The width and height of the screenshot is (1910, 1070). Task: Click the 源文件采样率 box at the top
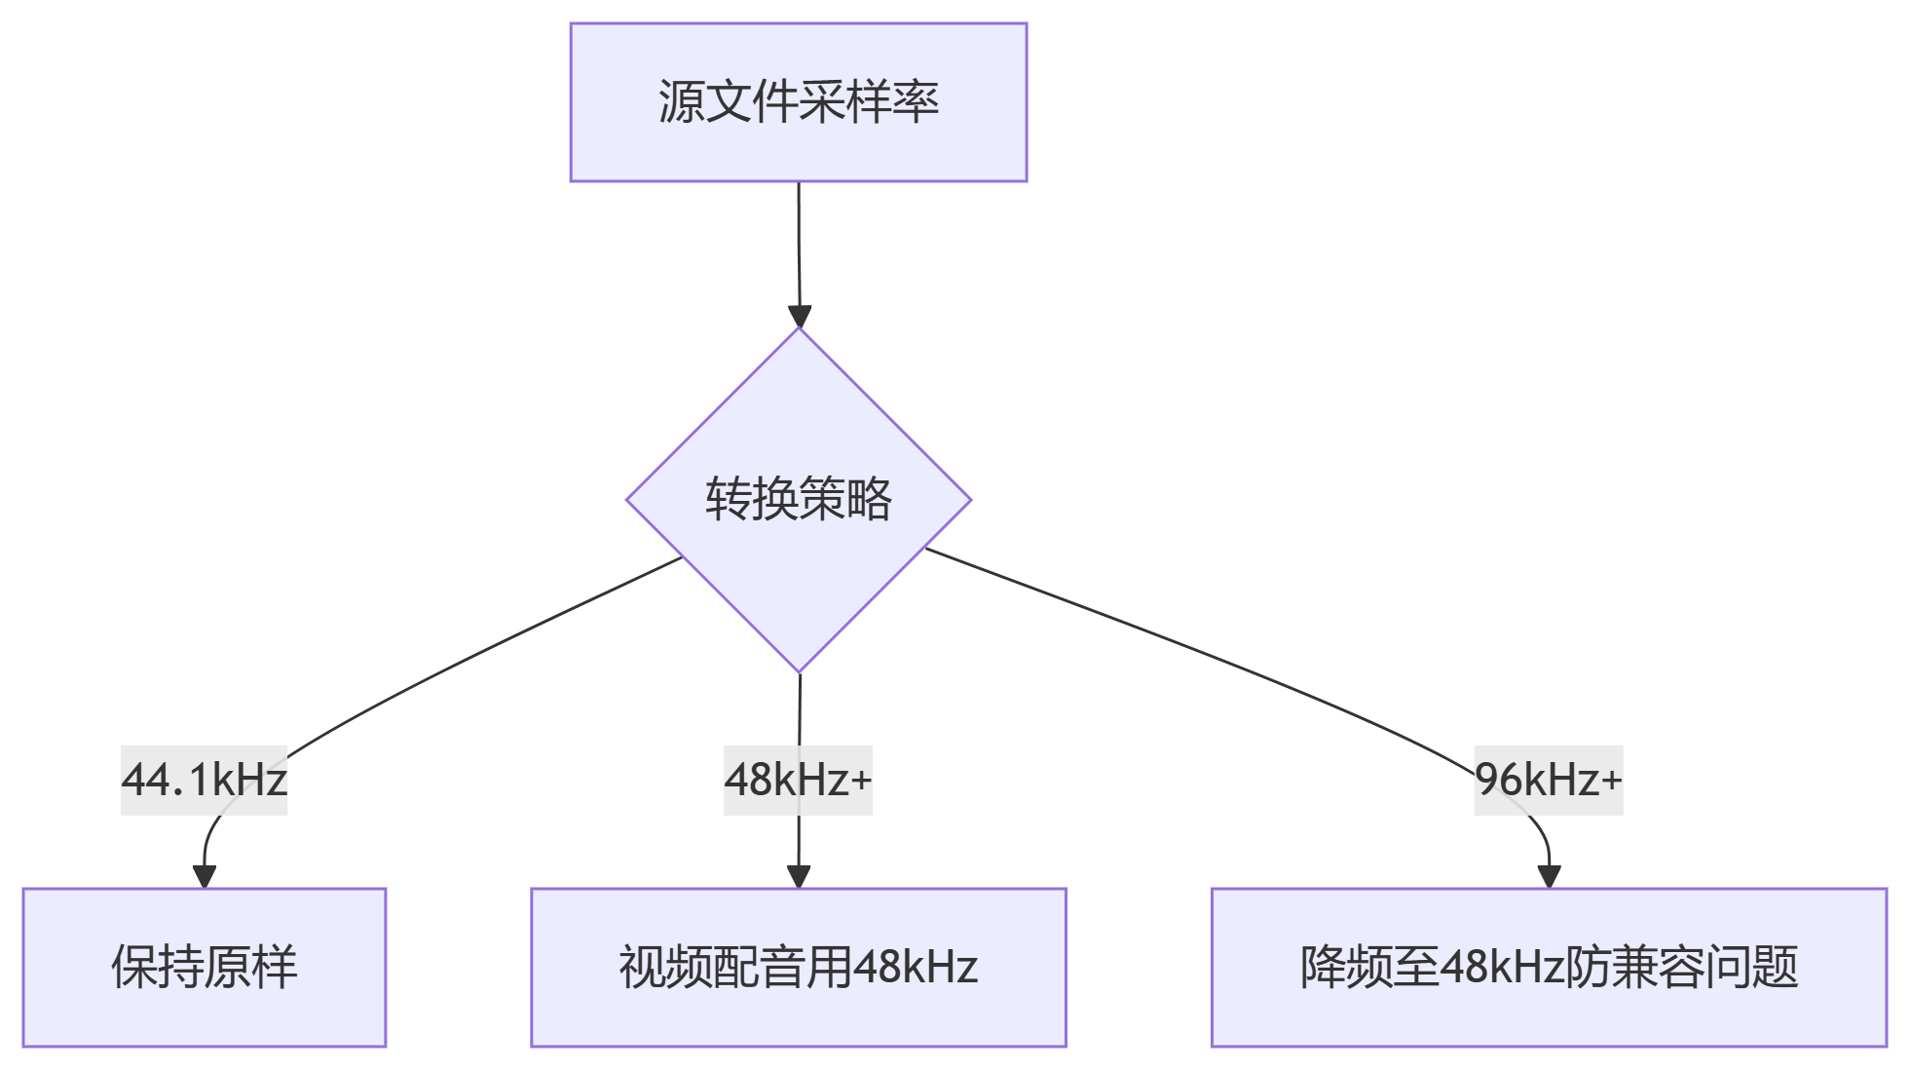[799, 102]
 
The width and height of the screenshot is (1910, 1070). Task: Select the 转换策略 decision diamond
[799, 500]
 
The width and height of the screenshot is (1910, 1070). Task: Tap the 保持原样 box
[205, 968]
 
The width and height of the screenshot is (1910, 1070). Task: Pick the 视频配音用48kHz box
[799, 968]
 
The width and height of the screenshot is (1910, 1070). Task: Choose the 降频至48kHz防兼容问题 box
[1549, 968]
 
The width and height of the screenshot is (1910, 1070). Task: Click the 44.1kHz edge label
[205, 781]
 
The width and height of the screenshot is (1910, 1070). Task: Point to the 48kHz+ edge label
[799, 781]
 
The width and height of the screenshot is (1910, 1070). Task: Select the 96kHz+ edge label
[1549, 781]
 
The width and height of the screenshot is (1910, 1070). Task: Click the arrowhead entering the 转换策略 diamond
[800, 318]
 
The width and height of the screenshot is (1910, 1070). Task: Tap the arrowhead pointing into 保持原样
[205, 877]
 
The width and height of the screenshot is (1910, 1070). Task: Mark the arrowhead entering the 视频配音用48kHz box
[799, 877]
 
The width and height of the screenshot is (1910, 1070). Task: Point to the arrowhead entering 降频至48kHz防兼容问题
[1549, 877]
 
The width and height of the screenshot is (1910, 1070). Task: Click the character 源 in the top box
[681, 102]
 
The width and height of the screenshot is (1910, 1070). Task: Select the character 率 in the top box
[917, 102]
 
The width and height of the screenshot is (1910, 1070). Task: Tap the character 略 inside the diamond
[870, 500]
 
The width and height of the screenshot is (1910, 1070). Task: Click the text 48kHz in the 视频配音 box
[916, 968]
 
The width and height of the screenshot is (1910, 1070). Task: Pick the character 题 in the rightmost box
[1775, 968]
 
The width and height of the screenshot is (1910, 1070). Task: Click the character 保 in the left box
[134, 968]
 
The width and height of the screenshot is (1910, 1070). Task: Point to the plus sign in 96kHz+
[1611, 781]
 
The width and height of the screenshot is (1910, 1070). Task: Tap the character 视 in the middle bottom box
[643, 968]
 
